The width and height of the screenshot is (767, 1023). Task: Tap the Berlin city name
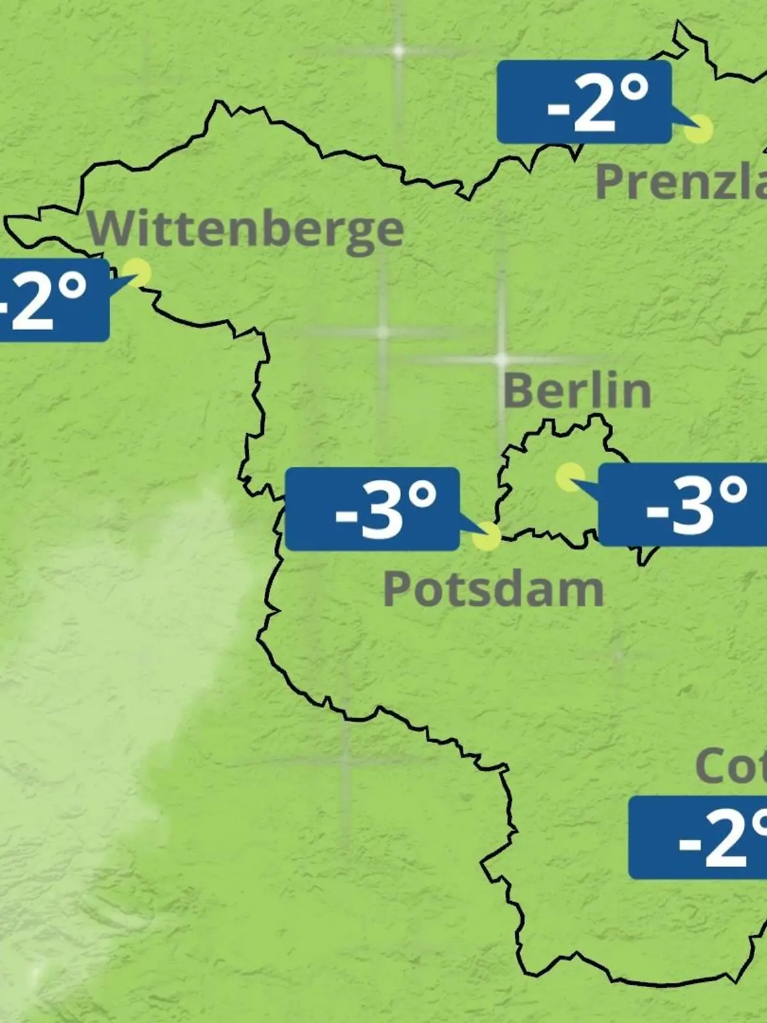[x=577, y=391]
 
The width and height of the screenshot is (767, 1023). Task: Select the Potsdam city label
[x=493, y=589]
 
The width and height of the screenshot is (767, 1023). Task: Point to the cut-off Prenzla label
[x=681, y=181]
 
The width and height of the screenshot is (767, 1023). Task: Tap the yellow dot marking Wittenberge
[x=137, y=272]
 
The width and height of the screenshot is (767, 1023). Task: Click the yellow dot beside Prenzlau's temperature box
[x=698, y=130]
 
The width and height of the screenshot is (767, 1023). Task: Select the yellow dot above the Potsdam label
[x=487, y=536]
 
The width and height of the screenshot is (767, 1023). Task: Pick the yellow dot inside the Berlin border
[x=569, y=477]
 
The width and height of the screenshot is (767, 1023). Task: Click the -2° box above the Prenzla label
[x=584, y=102]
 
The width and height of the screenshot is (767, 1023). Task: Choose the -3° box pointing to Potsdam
[x=372, y=509]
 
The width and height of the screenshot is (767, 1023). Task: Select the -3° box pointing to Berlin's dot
[x=682, y=504]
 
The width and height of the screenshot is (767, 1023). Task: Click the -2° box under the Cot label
[x=697, y=838]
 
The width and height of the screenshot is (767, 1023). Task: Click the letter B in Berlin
[x=520, y=391]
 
